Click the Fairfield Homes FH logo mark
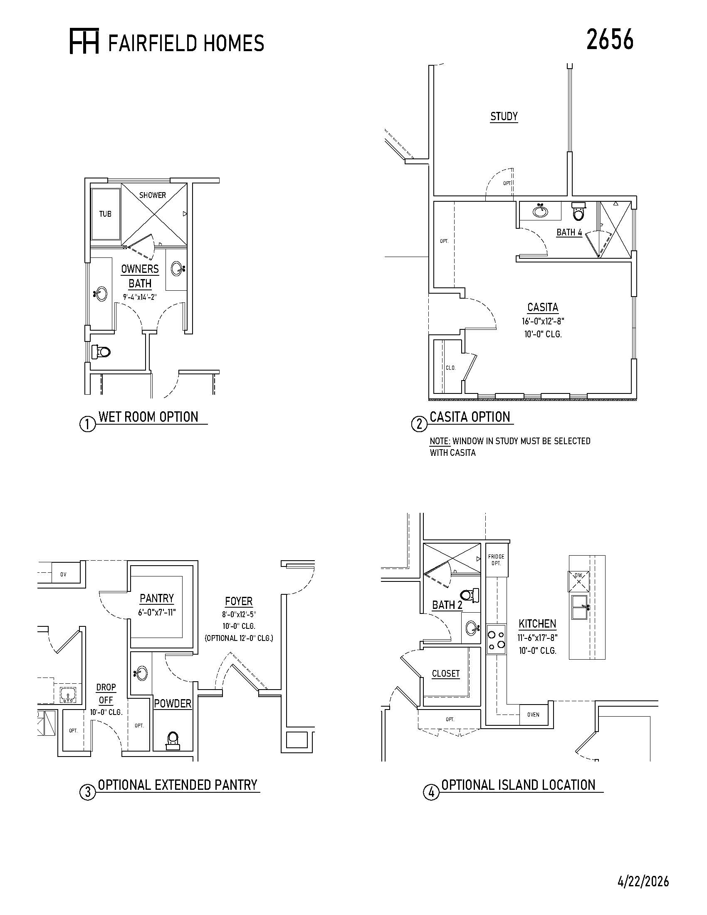click(84, 42)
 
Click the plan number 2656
click(610, 40)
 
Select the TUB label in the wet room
click(105, 214)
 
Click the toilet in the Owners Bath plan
click(101, 351)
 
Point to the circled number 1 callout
click(87, 425)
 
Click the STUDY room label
click(504, 116)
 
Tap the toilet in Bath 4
click(578, 212)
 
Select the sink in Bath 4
click(541, 210)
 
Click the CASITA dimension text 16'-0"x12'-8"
click(542, 321)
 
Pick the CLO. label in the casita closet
click(450, 368)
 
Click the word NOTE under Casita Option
click(440, 441)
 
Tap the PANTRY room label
click(157, 598)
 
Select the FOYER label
click(239, 601)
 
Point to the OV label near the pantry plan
click(63, 574)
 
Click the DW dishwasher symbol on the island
click(578, 581)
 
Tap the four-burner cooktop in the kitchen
click(496, 639)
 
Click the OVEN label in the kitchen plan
click(533, 715)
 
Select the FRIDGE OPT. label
click(496, 560)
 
